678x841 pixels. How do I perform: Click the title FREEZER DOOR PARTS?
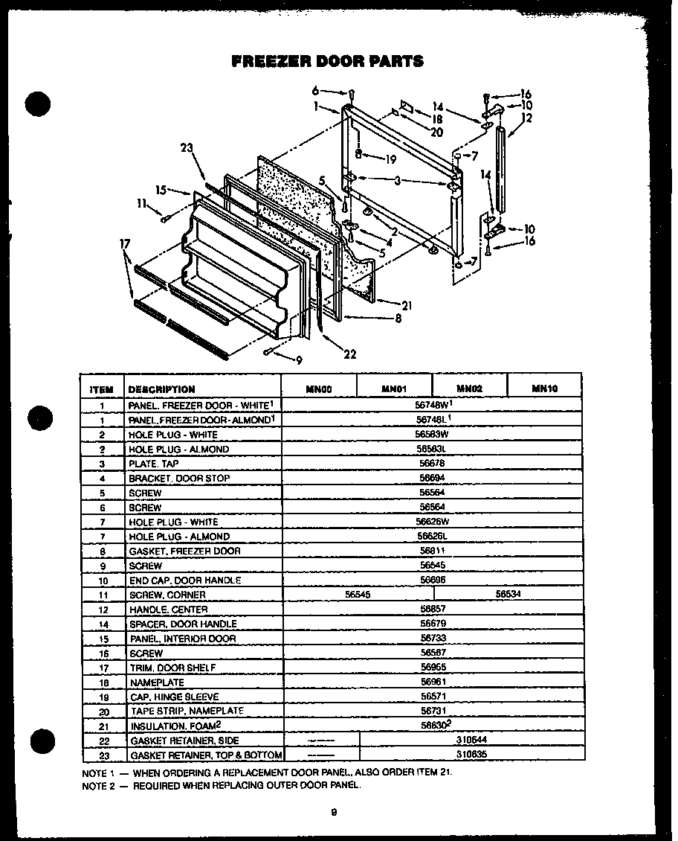328,61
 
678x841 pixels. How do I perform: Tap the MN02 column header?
470,388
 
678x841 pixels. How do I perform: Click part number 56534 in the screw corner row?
508,595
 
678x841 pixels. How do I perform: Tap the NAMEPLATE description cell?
157,682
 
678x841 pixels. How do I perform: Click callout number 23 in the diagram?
187,148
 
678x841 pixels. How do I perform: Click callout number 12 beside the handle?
526,118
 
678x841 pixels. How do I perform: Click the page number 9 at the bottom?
335,812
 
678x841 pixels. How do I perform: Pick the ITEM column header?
102,388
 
